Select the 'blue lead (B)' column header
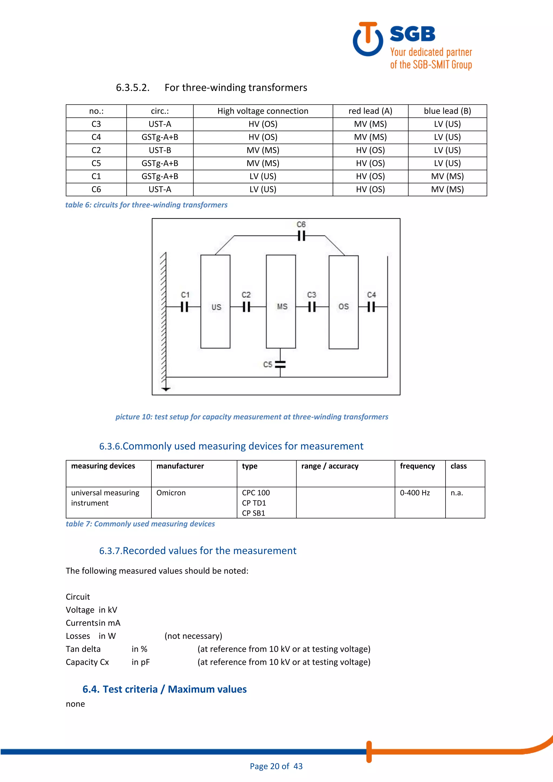[447, 111]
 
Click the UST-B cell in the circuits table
[160, 150]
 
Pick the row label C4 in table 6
[96, 137]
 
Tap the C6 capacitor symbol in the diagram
[301, 236]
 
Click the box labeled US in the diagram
[215, 302]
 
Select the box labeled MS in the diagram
[281, 302]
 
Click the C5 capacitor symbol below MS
[280, 365]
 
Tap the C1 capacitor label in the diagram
[185, 295]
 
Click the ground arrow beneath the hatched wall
[166, 389]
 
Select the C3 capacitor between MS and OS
[312, 307]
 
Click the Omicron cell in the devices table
[171, 493]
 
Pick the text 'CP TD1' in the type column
[254, 503]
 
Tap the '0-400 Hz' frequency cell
[415, 493]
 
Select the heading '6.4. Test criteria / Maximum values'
[164, 689]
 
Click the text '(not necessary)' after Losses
[193, 636]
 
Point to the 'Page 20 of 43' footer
[276, 766]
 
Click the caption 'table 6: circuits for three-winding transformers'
[146, 205]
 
